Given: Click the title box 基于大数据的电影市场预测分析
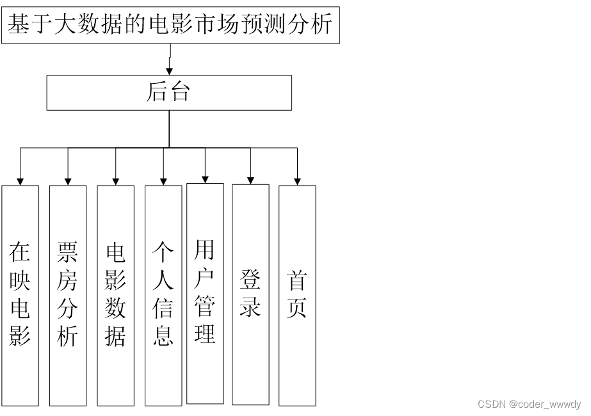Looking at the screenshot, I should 170,24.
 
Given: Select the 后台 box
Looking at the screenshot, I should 169,93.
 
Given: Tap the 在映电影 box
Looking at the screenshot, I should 20,295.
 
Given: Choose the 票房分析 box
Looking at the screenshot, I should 68,295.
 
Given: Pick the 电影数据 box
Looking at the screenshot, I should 116,295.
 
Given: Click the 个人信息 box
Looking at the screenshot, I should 163,295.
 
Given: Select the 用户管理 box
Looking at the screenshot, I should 205,293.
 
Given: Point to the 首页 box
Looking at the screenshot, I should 297,295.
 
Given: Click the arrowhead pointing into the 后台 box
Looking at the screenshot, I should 169,71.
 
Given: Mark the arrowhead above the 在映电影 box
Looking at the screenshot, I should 20,181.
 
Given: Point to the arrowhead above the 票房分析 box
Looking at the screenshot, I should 68,181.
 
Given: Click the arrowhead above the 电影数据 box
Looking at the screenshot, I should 116,181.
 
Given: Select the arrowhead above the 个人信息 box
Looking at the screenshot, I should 163,181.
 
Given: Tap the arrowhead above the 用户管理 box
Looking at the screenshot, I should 205,179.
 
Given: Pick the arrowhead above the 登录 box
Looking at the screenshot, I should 250,180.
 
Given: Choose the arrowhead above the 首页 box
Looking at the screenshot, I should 297,181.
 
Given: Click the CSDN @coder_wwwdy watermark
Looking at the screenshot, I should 529,404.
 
